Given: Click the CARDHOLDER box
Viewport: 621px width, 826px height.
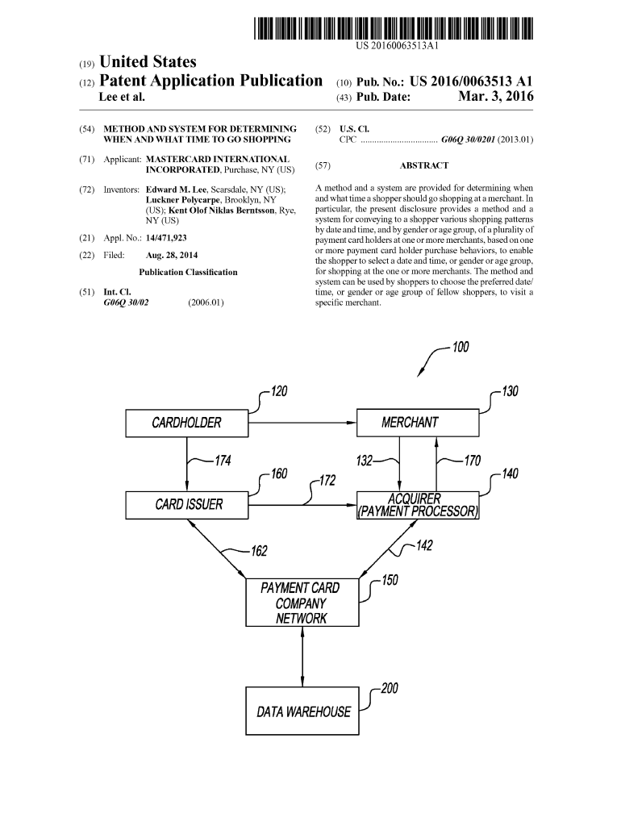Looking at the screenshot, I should (187, 423).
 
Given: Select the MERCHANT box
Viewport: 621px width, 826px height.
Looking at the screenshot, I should (411, 423).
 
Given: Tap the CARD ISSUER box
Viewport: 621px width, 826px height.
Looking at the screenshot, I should (187, 505).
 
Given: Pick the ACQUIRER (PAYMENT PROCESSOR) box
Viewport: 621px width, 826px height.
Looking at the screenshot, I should (418, 505).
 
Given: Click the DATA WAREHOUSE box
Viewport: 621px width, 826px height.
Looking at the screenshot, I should (302, 711).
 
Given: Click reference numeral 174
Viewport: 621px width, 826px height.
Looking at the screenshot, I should (223, 461).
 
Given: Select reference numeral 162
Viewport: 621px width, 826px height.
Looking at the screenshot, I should (259, 551).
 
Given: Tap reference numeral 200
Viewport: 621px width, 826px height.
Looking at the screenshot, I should (390, 689).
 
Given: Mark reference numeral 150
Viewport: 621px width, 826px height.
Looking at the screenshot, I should (390, 579).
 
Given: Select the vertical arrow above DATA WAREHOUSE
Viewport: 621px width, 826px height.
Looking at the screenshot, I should (302, 657).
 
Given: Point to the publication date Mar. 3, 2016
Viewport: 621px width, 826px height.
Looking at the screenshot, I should (495, 98).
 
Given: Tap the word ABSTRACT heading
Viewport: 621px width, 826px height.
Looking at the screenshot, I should (424, 165).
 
